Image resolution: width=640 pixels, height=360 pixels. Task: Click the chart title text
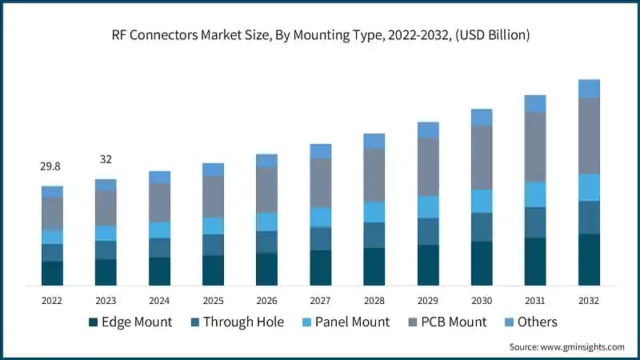320,35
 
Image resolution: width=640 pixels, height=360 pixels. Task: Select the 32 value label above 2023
106,159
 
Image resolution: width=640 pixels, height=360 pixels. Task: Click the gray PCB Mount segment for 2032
589,135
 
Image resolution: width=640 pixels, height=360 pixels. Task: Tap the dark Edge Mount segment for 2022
52,273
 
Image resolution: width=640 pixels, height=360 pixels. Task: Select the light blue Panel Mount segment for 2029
428,206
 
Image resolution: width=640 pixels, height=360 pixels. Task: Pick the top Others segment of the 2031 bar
535,103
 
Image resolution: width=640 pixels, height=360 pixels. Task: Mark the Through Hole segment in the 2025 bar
213,245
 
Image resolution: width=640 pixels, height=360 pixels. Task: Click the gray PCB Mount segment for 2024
159,202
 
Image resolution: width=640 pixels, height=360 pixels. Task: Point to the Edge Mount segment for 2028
374,266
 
